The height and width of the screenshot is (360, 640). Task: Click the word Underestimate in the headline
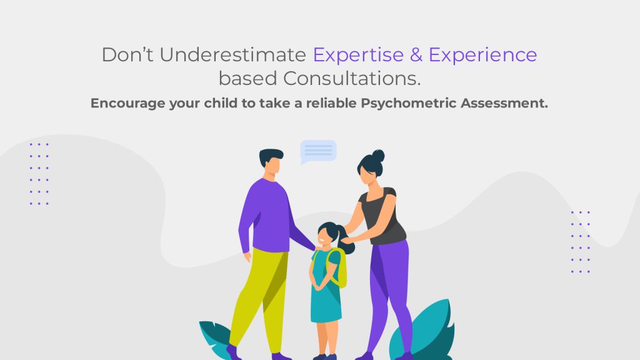click(x=232, y=55)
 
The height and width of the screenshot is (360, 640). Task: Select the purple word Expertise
click(x=358, y=56)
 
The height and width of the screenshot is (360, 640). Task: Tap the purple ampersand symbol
click(x=416, y=55)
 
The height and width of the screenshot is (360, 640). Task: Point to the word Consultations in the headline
click(x=352, y=78)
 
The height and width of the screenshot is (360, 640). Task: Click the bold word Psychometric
click(x=408, y=103)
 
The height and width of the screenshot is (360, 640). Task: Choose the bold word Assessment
click(x=504, y=103)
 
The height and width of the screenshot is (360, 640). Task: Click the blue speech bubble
click(x=318, y=151)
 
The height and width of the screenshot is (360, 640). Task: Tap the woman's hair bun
click(x=378, y=156)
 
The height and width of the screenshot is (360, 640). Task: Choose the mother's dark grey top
click(x=382, y=216)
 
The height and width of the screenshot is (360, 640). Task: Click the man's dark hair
click(x=270, y=156)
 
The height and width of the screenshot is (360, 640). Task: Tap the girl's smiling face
click(x=324, y=237)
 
